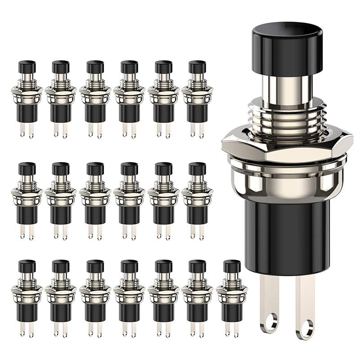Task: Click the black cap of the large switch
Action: (x=287, y=48)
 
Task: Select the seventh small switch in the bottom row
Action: (x=232, y=297)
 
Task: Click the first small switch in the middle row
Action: (x=26, y=200)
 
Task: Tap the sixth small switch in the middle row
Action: (x=197, y=200)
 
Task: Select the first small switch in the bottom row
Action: (x=26, y=297)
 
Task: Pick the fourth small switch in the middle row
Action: (x=129, y=200)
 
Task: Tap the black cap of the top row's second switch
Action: (x=60, y=67)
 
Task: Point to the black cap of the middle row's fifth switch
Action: (x=163, y=169)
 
